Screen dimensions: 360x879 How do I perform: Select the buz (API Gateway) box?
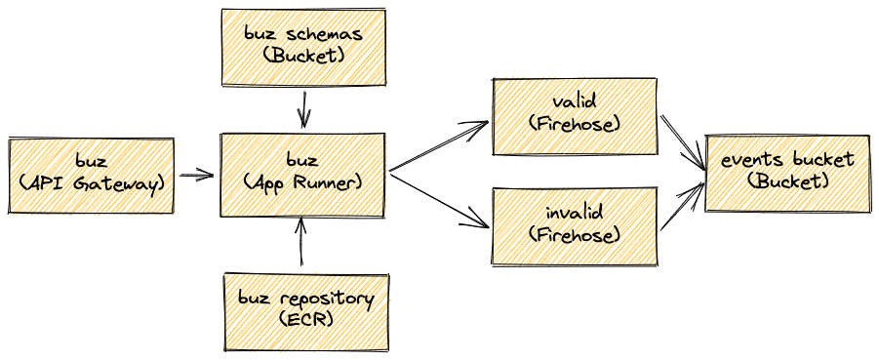point(91,175)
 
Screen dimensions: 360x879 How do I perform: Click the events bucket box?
point(786,173)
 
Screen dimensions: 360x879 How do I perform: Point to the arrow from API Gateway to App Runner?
point(197,176)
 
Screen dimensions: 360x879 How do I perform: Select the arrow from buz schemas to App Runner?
point(305,109)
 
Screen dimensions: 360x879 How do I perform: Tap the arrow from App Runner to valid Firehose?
point(439,148)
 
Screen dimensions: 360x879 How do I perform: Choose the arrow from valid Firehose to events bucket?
point(683,141)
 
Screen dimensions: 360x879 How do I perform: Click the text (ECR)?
point(305,319)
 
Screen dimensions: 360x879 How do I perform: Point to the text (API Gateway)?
point(91,182)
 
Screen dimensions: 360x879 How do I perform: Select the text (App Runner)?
point(304,182)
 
